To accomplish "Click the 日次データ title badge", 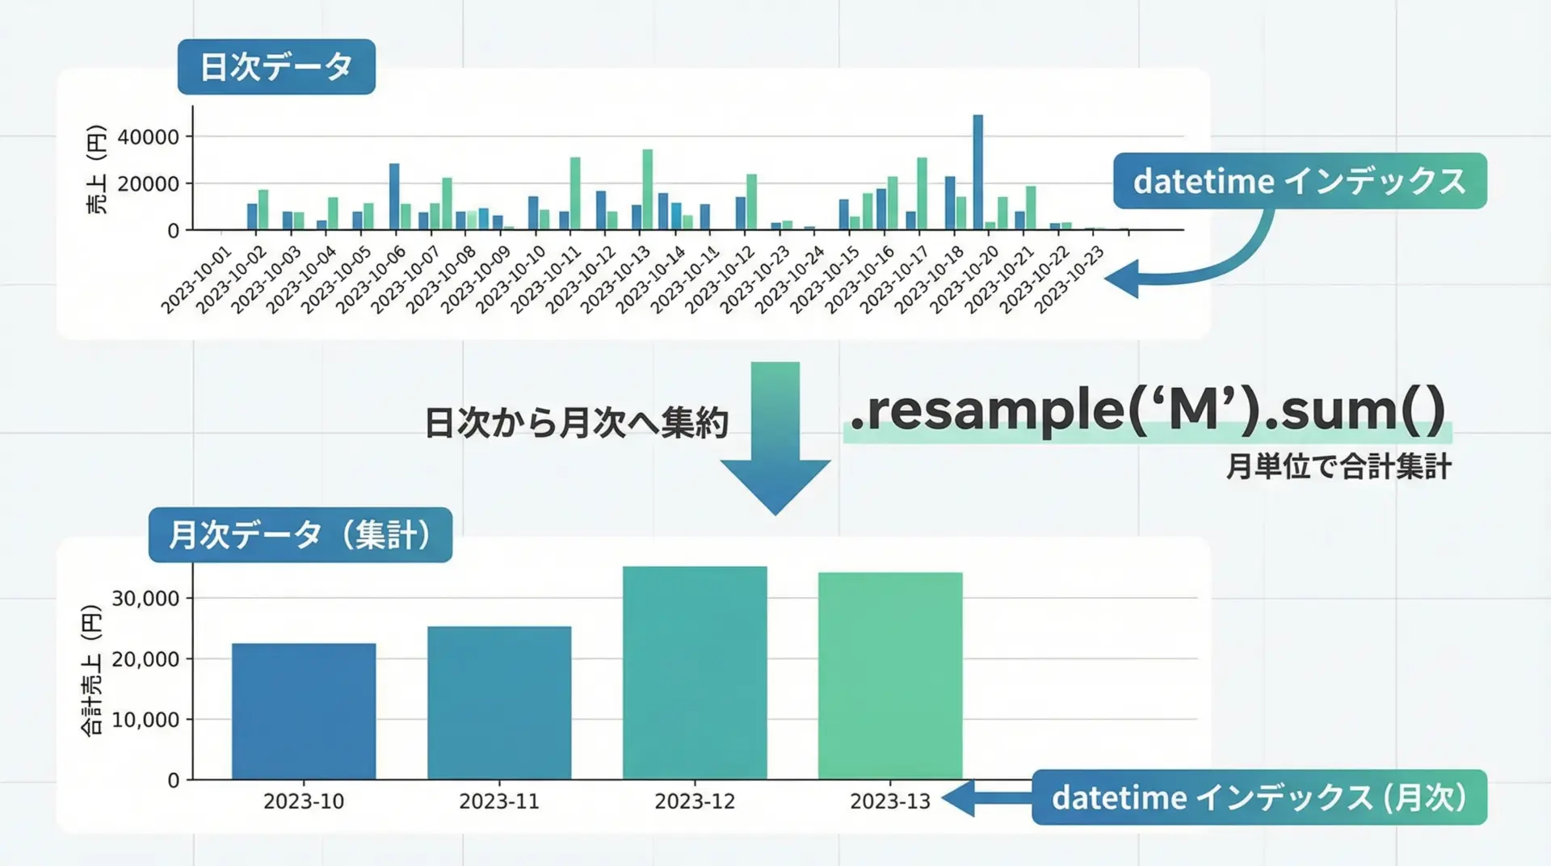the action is click(276, 66).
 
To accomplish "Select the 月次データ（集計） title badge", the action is click(301, 535).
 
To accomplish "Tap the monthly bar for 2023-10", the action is click(304, 711).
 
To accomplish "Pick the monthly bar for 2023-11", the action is click(499, 703).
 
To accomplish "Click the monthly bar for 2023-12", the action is click(695, 673).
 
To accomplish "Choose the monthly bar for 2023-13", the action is click(890, 676).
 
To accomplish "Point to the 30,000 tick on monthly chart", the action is click(145, 599).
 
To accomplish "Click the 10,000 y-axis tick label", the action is click(145, 720).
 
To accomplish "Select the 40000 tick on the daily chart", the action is click(149, 137).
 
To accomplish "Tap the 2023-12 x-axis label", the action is click(695, 801).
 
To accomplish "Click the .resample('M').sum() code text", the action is click(1148, 410).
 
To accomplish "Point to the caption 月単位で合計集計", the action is click(1339, 467).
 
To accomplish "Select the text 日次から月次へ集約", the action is click(577, 422).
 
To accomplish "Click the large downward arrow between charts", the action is click(775, 438).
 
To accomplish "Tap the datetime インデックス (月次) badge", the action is click(1259, 797).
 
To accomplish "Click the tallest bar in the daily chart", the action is click(978, 172).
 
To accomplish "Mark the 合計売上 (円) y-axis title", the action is click(92, 671).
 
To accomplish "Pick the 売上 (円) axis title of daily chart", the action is click(96, 170).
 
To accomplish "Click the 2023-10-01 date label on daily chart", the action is click(196, 280).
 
